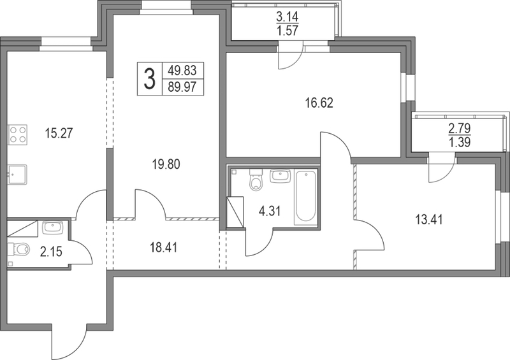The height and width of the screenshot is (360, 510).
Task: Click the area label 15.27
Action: tap(59, 133)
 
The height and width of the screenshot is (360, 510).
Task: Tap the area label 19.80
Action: tap(166, 164)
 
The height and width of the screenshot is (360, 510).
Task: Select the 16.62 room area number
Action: tap(319, 103)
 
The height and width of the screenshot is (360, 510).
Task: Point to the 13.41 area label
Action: tap(428, 220)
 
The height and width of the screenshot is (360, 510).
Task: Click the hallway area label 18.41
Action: tap(163, 248)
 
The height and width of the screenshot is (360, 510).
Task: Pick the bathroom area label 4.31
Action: tap(269, 211)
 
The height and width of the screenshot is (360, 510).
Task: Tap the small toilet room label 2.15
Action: tap(51, 252)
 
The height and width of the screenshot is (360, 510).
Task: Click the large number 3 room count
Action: tap(149, 79)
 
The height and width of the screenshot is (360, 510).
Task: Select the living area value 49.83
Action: tap(182, 70)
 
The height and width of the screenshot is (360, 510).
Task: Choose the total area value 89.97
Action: tap(182, 87)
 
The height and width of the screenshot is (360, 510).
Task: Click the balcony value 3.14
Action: tap(288, 17)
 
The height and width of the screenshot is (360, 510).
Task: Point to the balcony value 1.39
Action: tap(460, 142)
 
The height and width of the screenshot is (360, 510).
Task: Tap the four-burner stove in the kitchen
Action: tap(18, 134)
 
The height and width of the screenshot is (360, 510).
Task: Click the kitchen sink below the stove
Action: tap(17, 175)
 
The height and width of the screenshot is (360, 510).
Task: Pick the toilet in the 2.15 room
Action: tap(18, 249)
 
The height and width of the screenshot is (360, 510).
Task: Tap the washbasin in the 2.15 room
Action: tap(52, 227)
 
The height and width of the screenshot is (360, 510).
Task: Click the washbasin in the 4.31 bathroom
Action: tap(280, 176)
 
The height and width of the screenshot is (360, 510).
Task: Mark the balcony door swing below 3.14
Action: tap(290, 57)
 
